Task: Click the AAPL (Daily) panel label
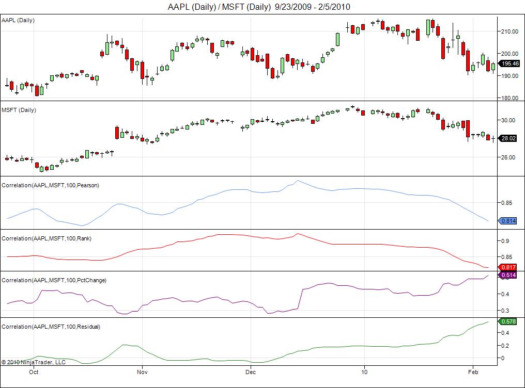(x=19, y=20)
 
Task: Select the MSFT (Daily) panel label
(x=19, y=110)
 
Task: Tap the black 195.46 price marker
(x=510, y=63)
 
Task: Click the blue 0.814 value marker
(x=509, y=221)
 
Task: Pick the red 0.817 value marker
(x=509, y=267)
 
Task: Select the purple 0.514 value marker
(x=509, y=275)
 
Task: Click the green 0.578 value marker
(x=509, y=321)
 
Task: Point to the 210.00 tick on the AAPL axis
(x=510, y=31)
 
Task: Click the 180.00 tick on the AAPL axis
(x=510, y=98)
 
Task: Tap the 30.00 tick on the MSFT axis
(x=508, y=120)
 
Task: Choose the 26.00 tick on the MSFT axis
(x=508, y=157)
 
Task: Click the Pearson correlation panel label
(x=50, y=185)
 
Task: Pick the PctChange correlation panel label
(x=54, y=280)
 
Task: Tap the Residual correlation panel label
(x=51, y=327)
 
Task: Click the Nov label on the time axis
(x=143, y=371)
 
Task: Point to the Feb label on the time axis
(x=472, y=371)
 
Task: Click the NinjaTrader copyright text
(x=34, y=362)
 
